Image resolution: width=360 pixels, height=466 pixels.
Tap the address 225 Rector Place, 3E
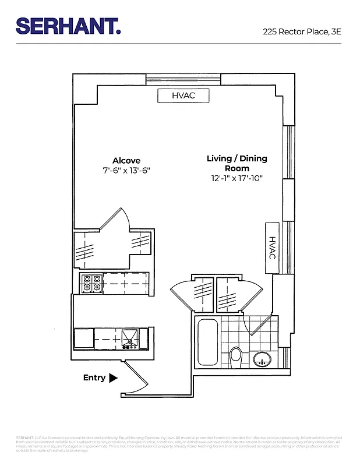pyautogui.click(x=301, y=32)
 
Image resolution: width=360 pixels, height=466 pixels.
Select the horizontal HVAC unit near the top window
pyautogui.click(x=183, y=95)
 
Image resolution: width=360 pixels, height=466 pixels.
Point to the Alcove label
pyautogui.click(x=126, y=161)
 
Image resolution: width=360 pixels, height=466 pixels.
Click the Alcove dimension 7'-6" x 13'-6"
pyautogui.click(x=126, y=171)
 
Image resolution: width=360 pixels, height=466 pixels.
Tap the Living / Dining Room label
pyautogui.click(x=237, y=163)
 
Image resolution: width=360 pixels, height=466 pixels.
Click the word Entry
pyautogui.click(x=94, y=377)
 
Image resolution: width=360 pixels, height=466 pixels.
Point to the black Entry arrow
pyautogui.click(x=114, y=377)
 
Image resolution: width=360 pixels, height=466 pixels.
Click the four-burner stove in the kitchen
pyautogui.click(x=91, y=283)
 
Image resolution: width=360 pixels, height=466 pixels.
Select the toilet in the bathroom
pyautogui.click(x=236, y=354)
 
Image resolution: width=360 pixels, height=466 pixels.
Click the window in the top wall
pyautogui.click(x=183, y=79)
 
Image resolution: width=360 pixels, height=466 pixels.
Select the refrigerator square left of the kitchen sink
pyautogui.click(x=84, y=338)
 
